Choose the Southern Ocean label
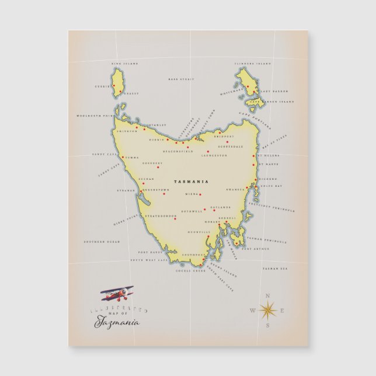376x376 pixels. tap(101, 241)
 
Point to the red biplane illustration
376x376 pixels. tap(117, 293)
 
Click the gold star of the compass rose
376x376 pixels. tap(268, 309)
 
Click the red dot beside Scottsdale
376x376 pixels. tap(228, 141)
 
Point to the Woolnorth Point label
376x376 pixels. tap(93, 116)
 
